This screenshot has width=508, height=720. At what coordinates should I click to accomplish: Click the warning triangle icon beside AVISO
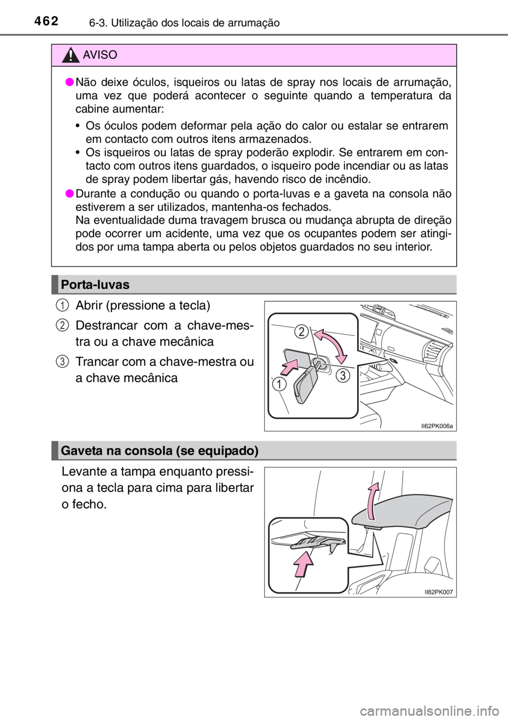70,55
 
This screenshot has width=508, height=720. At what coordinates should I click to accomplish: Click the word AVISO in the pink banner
100,55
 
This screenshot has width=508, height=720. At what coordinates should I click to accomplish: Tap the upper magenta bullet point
70,82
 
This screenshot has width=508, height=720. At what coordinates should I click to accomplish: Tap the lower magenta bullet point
70,194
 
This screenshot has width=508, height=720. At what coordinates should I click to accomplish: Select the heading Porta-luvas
95,285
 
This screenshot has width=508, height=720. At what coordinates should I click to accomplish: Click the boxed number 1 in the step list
62,306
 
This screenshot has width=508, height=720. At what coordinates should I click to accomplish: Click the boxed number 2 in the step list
62,326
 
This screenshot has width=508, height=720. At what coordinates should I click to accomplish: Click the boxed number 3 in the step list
62,362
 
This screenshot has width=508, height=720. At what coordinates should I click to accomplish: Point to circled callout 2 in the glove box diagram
301,333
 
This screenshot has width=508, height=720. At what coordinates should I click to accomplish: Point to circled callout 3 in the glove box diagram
341,376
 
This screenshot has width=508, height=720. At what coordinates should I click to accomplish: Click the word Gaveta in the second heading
80,451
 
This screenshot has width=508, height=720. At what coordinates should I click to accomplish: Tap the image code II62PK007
439,592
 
